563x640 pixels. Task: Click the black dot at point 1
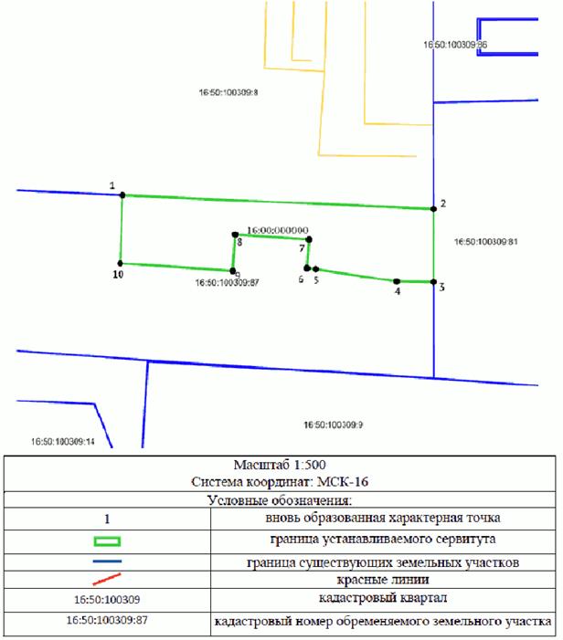(122, 195)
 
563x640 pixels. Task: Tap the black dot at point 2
(433, 209)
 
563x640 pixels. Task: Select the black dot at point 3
(433, 281)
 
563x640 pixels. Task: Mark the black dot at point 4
(397, 281)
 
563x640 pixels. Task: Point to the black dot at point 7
(309, 239)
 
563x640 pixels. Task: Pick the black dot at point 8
(235, 235)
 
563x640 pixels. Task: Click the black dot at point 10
(120, 263)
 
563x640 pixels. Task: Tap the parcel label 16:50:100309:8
(228, 92)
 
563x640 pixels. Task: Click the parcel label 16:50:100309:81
(486, 242)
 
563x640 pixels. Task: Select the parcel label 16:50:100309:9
(333, 425)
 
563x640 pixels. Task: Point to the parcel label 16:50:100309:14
(63, 442)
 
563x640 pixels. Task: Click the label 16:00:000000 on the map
(278, 230)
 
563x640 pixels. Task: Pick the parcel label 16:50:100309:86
(455, 45)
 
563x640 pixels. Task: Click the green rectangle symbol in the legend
(107, 541)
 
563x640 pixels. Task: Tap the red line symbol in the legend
(107, 579)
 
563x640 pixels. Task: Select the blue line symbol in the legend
(107, 561)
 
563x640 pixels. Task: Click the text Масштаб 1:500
(280, 465)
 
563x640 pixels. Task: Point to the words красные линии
(383, 580)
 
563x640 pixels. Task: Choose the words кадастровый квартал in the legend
(383, 598)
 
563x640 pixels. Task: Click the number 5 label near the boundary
(316, 280)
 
